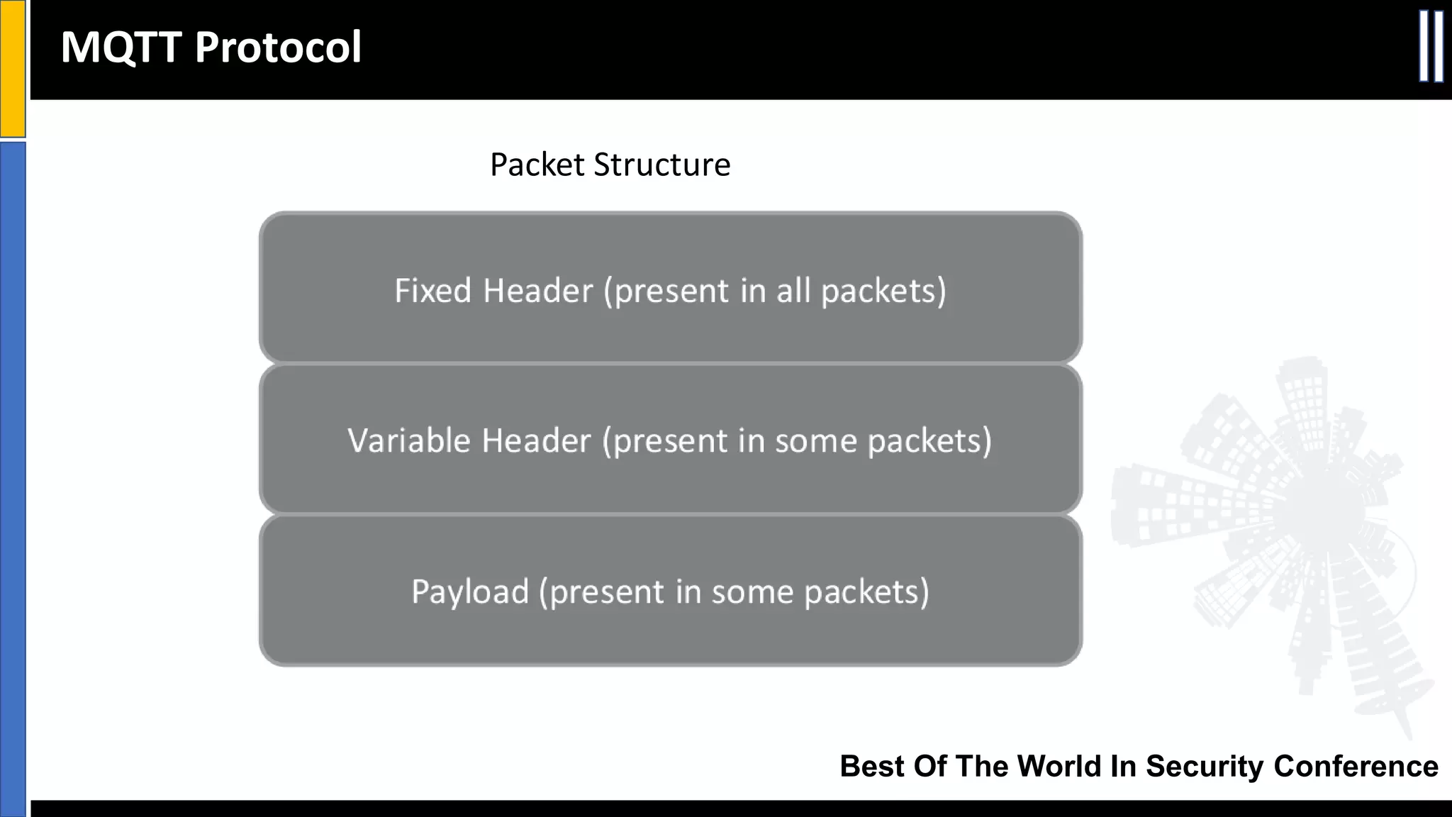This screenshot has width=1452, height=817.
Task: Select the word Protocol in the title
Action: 278,48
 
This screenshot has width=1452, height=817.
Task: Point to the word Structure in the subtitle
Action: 662,165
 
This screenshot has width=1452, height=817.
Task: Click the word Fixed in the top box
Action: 432,291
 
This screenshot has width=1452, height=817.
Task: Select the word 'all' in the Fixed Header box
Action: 793,291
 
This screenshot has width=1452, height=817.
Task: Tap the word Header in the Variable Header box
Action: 536,440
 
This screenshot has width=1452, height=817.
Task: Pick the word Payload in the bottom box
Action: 470,591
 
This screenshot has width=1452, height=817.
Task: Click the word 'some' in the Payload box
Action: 752,591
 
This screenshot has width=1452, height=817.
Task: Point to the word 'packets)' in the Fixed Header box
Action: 883,291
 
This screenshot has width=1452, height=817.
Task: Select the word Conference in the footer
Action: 1356,766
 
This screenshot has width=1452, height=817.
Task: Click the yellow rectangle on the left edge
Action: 12,68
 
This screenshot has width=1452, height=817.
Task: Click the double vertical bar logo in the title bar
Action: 1431,47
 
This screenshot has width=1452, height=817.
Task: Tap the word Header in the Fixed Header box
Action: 537,291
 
